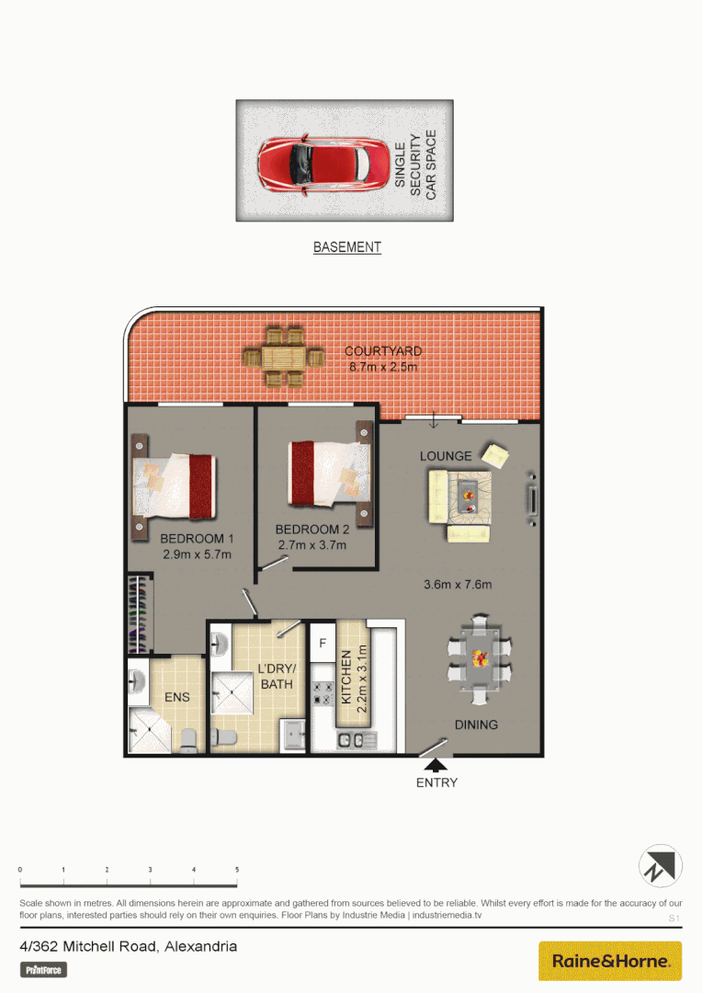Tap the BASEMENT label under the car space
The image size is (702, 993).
coord(346,247)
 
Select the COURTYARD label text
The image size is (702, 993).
coord(383,351)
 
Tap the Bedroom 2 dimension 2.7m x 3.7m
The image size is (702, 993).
coord(312,544)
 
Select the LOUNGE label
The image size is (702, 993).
coord(446,456)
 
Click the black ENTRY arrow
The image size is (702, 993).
coord(436,764)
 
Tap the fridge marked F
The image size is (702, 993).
coord(323,644)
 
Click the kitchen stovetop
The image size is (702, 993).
coord(323,693)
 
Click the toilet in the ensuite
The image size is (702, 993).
coord(188,738)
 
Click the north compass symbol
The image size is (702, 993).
coord(661,866)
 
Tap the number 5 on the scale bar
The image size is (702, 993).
coord(237,869)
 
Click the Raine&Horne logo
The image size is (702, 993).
coord(609,961)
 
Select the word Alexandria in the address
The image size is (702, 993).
coord(201,946)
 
